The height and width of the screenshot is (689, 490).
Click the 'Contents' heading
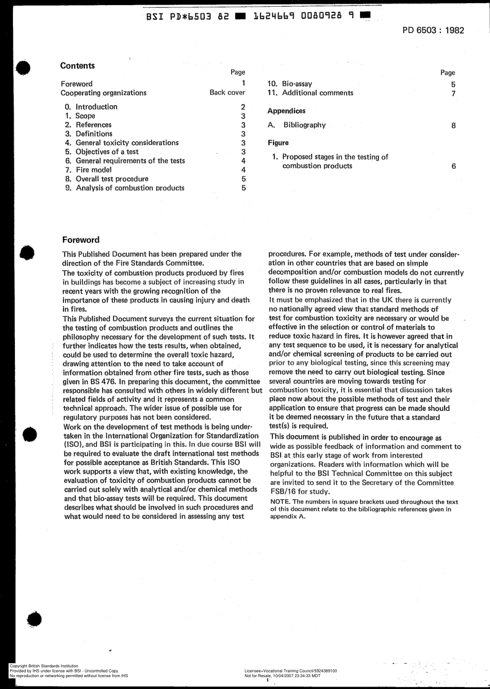tap(77, 65)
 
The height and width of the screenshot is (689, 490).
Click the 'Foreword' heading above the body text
tap(80, 240)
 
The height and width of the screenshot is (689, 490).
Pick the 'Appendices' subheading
tap(286, 111)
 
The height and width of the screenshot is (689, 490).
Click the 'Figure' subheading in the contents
tap(278, 143)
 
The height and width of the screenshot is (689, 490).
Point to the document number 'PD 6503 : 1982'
tap(433, 30)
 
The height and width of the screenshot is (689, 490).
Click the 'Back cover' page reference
tap(227, 93)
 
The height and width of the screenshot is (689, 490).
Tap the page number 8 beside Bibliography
tap(453, 125)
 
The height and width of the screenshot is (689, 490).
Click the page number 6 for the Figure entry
tap(453, 166)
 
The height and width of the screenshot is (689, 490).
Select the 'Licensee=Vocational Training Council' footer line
tap(291, 670)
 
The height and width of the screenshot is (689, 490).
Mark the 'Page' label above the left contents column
tap(238, 73)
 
